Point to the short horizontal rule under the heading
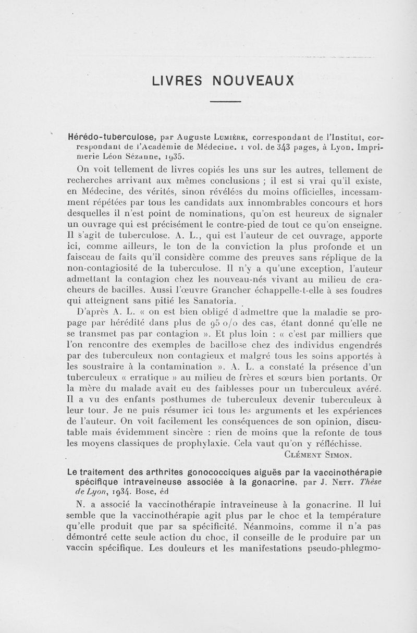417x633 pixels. (225, 101)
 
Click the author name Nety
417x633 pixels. (340, 482)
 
